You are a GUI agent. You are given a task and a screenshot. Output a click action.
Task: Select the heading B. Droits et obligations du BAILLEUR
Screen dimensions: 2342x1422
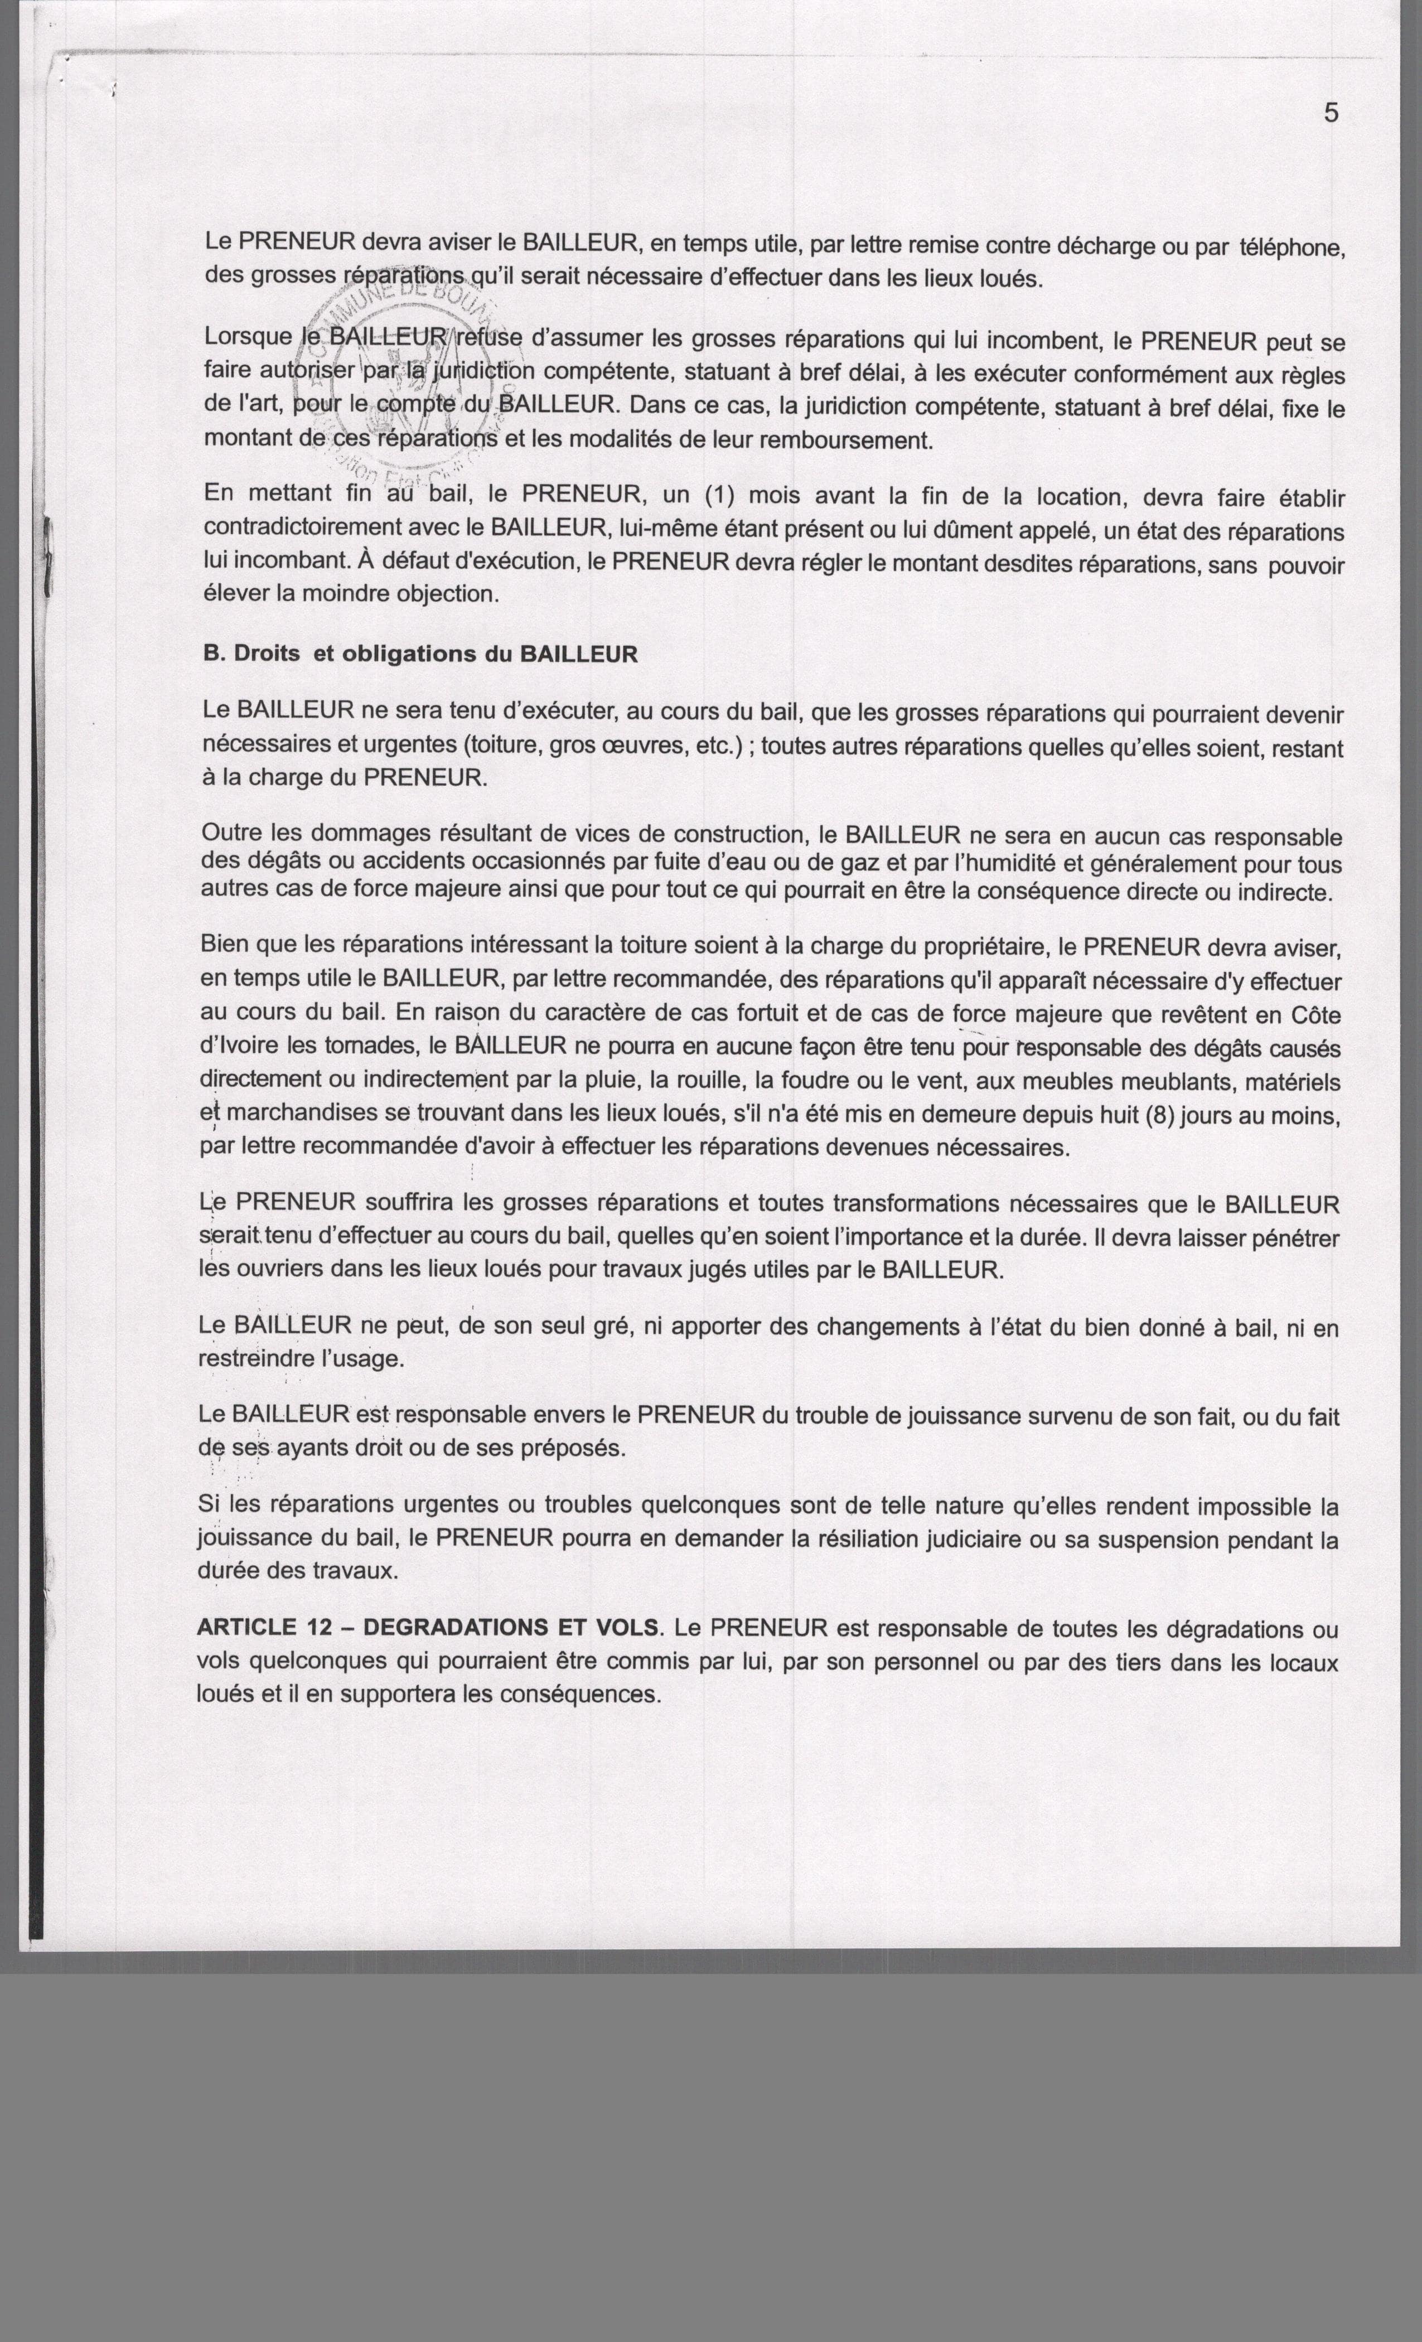point(420,654)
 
